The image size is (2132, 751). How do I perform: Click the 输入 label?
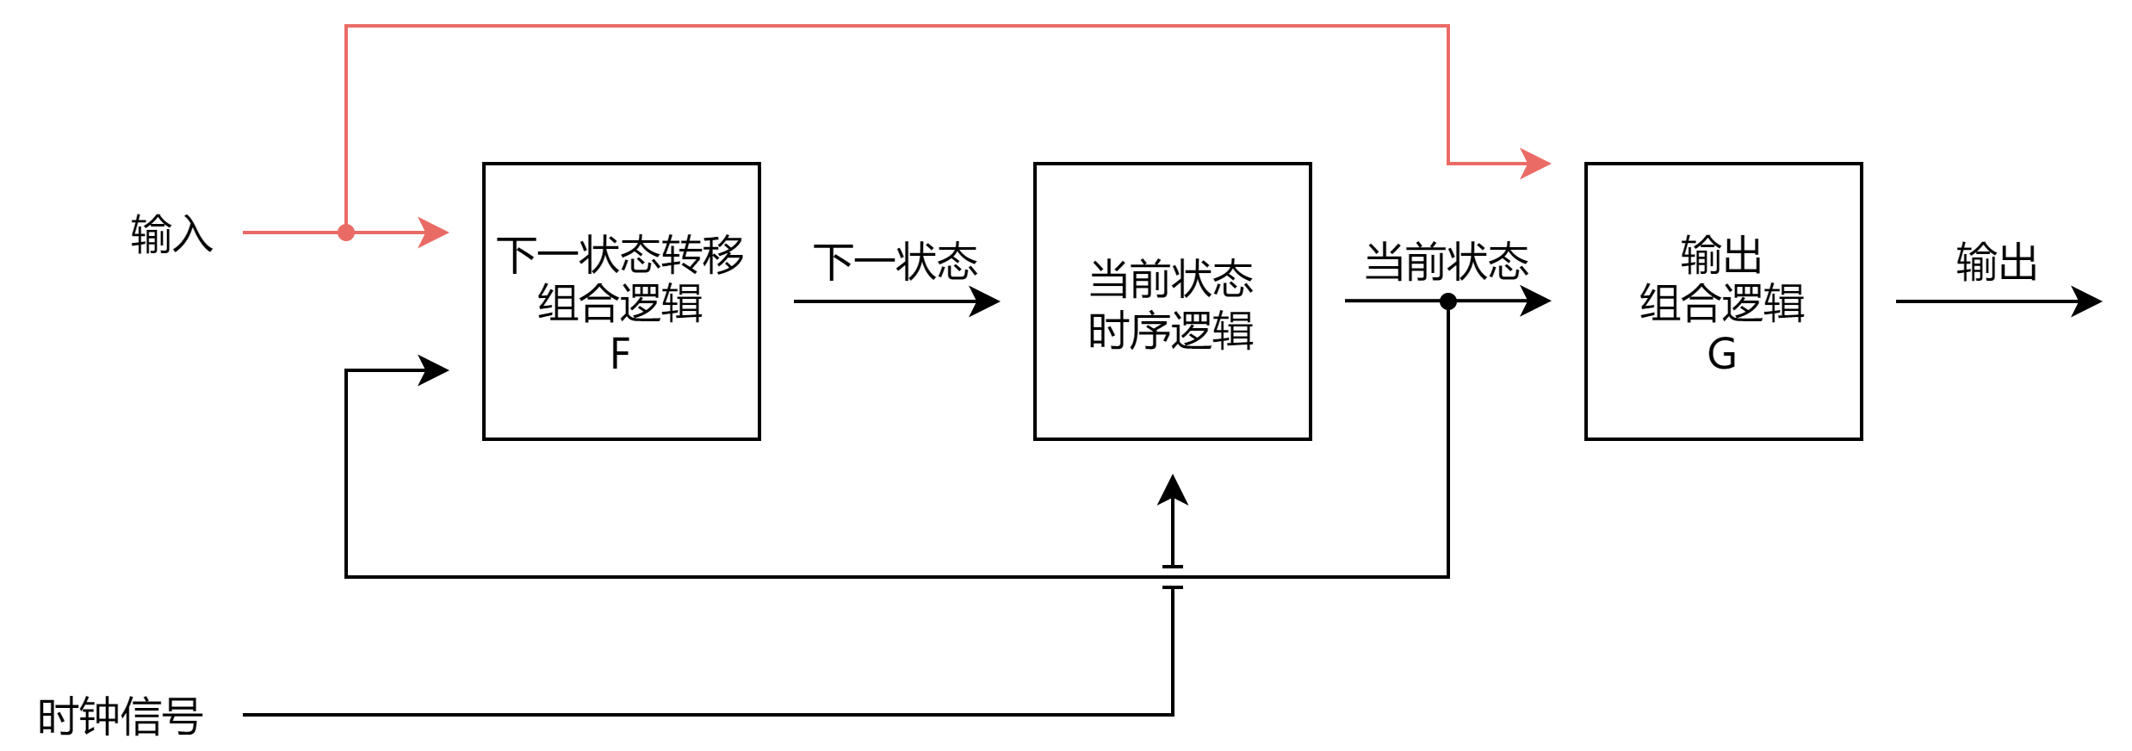[x=171, y=234]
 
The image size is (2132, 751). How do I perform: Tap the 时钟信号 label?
[x=121, y=716]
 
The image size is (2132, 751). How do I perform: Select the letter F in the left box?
[x=620, y=353]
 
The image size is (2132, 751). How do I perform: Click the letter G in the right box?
[x=1721, y=353]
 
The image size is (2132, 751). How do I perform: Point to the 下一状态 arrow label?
[x=896, y=262]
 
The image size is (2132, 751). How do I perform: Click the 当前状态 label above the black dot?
[x=1447, y=262]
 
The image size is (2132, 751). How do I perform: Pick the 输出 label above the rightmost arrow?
[x=1997, y=262]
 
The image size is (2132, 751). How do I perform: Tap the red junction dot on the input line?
[x=346, y=233]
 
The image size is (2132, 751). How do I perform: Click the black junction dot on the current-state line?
[x=1448, y=301]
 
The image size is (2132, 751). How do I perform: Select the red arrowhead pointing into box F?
[x=436, y=233]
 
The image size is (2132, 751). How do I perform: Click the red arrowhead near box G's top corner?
[x=1537, y=163]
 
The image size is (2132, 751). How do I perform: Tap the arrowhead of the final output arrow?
[x=2088, y=301]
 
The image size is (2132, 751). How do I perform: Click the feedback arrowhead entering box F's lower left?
[x=436, y=370]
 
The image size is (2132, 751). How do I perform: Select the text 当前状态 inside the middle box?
[x=1171, y=278]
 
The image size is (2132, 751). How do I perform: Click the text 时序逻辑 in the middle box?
[x=1171, y=331]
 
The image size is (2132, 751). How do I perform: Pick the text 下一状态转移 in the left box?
[x=620, y=254]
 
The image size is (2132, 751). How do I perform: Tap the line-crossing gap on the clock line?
[x=1173, y=577]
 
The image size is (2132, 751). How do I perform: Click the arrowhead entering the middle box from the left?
[x=986, y=301]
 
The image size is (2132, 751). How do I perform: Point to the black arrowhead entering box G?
[x=1537, y=301]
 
